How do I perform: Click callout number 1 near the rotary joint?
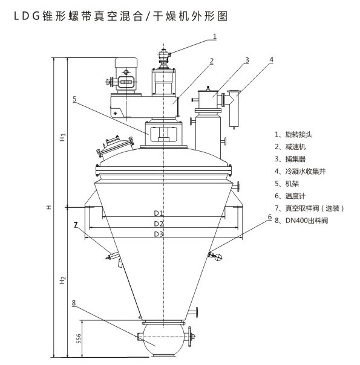(x=215, y=36)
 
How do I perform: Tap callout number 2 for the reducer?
(x=212, y=61)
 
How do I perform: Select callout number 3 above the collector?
(x=247, y=60)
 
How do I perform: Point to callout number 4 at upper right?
(x=271, y=60)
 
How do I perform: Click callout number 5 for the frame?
(x=74, y=99)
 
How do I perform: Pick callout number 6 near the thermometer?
(x=270, y=217)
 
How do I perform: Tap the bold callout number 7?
(x=76, y=224)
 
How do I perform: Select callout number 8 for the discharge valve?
(x=74, y=303)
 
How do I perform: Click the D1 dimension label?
(x=159, y=213)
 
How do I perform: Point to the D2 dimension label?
(x=159, y=224)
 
